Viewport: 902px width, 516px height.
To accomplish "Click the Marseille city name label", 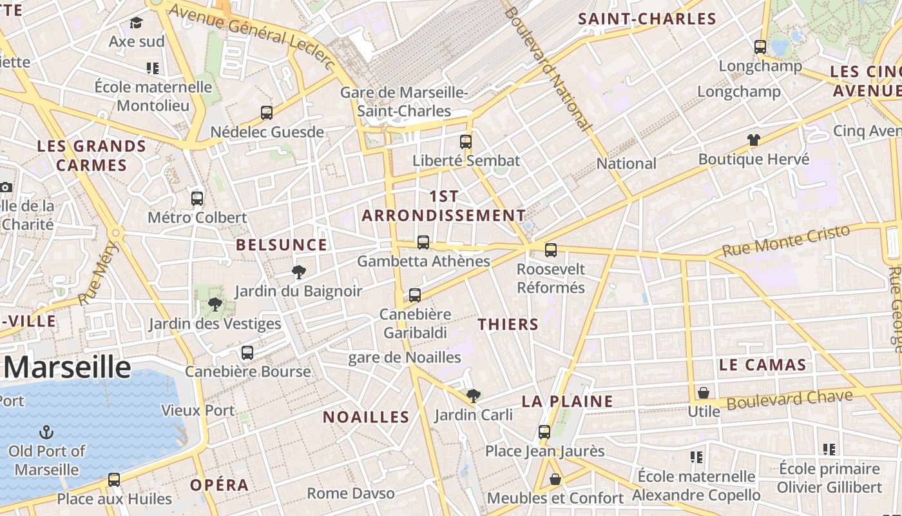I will (67, 367).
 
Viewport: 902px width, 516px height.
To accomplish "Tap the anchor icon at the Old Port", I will (46, 432).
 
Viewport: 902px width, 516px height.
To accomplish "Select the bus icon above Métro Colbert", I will (197, 199).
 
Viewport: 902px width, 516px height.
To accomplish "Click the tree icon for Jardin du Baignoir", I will (298, 272).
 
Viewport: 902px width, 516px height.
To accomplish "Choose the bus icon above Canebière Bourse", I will (247, 353).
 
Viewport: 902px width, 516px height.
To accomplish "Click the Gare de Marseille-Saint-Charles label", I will (404, 102).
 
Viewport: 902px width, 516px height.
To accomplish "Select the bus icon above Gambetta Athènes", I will (423, 243).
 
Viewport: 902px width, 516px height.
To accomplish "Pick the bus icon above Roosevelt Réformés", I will (551, 250).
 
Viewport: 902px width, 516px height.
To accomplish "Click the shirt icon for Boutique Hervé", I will (753, 140).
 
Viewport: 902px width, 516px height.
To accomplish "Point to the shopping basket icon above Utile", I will (704, 393).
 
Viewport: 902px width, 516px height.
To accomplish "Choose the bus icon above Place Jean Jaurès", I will (544, 432).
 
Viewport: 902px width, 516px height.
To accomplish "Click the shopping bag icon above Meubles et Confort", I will (555, 479).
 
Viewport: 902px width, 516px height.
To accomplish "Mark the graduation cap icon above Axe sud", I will (136, 23).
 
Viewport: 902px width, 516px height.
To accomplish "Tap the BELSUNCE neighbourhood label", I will (282, 245).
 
